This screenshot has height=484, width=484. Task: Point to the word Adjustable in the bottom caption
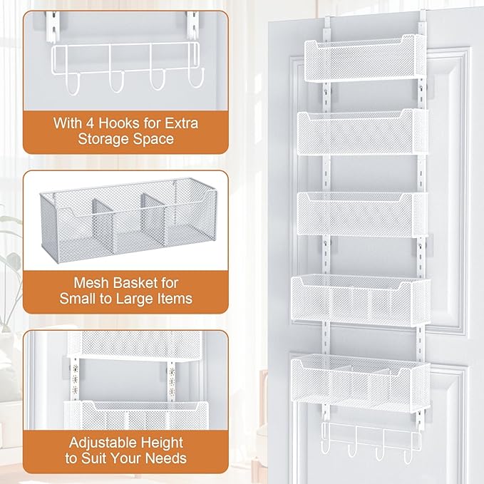(x=93, y=443)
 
